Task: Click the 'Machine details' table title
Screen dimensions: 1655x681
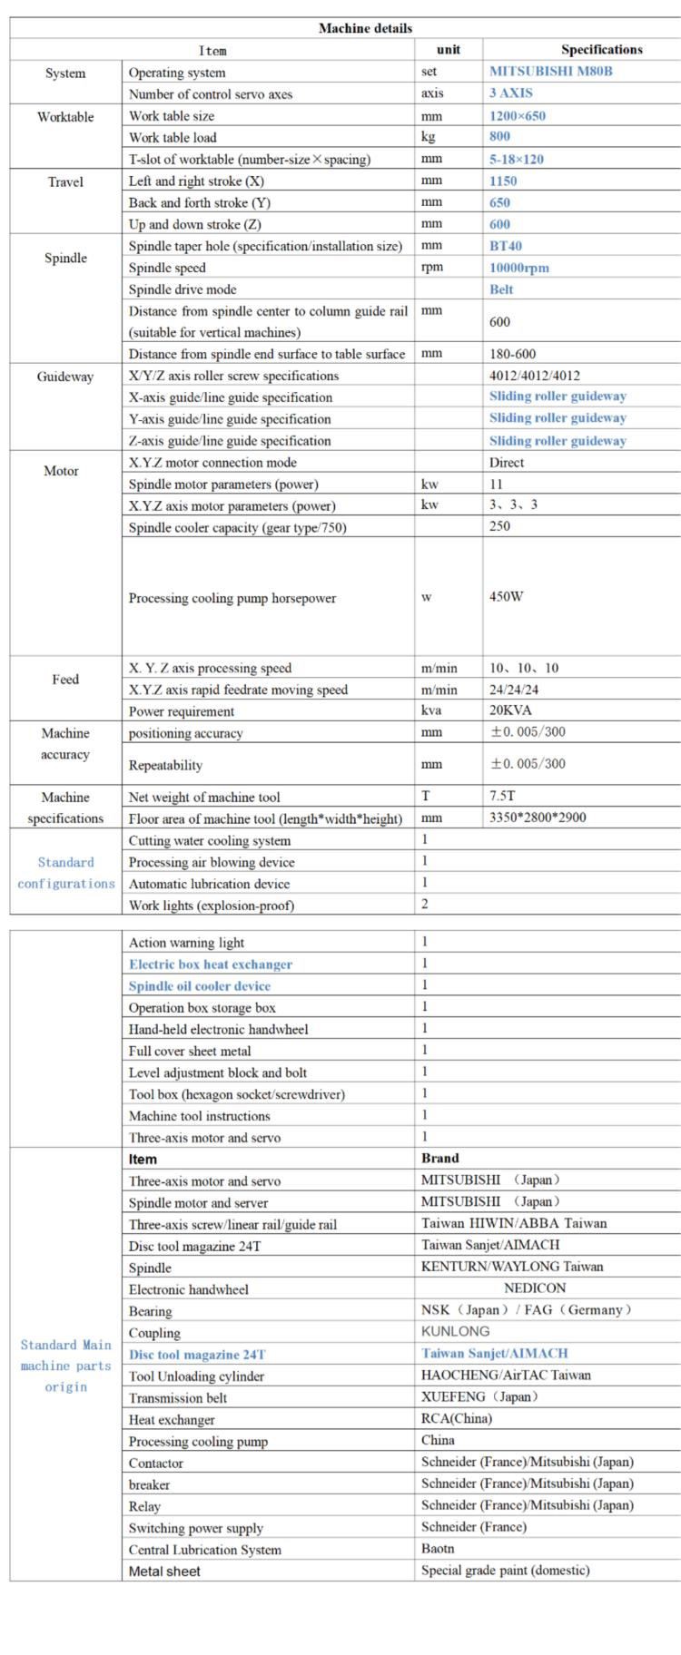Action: point(365,28)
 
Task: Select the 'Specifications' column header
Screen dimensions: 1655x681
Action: point(601,50)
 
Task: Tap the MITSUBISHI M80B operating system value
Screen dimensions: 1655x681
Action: point(550,71)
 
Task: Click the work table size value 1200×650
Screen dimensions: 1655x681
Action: point(518,115)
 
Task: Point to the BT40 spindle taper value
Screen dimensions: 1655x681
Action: point(506,246)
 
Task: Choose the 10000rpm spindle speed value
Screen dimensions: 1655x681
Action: point(519,268)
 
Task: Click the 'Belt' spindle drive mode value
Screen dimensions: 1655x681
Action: point(501,289)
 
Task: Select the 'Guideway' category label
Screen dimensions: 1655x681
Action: point(65,377)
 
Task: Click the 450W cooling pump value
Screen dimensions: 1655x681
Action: point(507,597)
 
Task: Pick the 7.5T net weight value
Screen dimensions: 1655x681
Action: point(502,796)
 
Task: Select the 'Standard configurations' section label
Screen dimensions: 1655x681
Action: point(66,873)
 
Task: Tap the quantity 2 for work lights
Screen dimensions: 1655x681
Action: point(424,904)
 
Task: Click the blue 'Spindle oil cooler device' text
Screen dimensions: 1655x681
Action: point(200,986)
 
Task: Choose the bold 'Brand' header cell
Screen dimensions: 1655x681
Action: point(440,1159)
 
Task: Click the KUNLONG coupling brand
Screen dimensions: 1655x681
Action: point(456,1332)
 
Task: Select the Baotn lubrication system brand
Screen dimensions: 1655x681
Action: point(438,1549)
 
